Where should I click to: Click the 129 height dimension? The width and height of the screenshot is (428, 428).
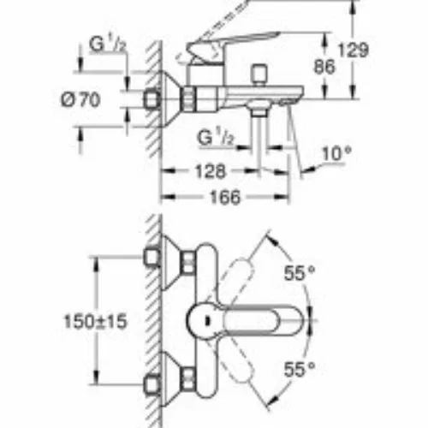click(354, 51)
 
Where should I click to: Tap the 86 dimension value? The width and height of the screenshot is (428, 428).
click(324, 67)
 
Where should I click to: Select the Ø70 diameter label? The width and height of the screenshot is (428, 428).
click(80, 100)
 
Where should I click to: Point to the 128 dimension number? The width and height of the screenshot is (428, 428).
click(211, 171)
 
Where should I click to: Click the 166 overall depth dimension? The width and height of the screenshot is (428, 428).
click(225, 197)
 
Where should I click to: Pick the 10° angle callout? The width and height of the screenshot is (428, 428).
click(336, 154)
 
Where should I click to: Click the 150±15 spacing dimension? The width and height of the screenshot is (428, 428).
click(95, 322)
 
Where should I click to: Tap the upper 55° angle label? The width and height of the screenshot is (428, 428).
click(300, 273)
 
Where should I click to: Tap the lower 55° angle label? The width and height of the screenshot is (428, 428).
click(300, 370)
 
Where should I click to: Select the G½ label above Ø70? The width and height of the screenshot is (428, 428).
click(108, 45)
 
